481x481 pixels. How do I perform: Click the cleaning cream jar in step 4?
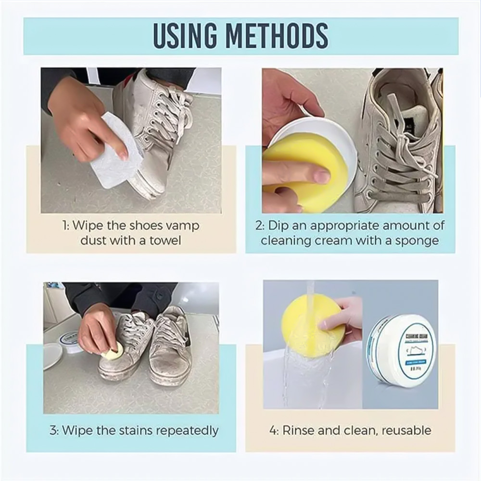tap(402, 349)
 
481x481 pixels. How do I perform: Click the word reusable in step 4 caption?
tap(406, 430)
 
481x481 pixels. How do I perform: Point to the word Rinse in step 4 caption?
tap(297, 430)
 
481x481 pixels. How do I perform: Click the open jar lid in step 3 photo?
tap(51, 356)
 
